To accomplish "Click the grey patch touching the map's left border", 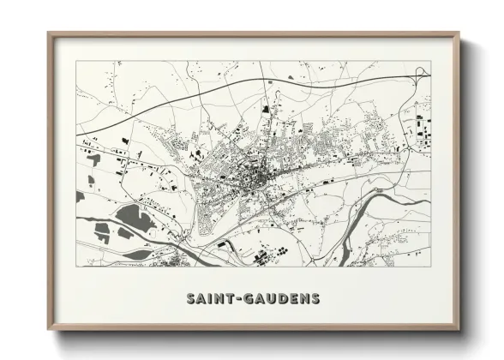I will tap(80, 196).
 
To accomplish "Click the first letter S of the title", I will tap(189, 299).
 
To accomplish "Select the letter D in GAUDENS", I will tap(282, 299).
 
